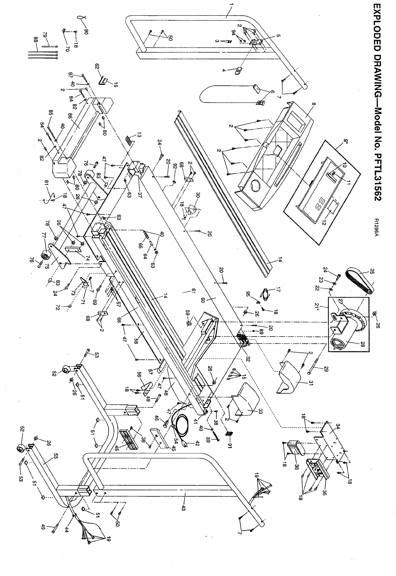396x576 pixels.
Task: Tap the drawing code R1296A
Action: (x=377, y=228)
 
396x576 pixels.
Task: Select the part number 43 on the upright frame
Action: (x=184, y=501)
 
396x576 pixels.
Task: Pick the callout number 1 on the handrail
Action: (x=231, y=6)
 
